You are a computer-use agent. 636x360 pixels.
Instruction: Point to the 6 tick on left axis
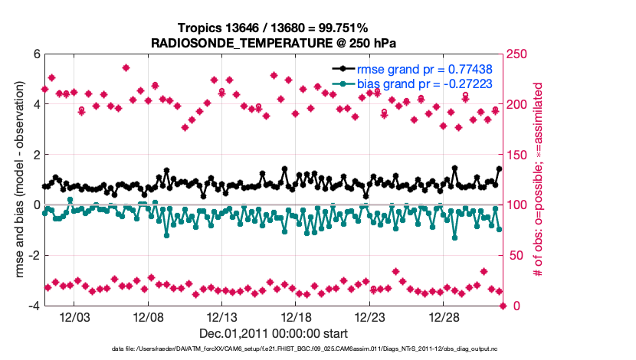coord(35,54)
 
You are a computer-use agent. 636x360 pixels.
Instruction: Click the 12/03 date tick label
coord(74,317)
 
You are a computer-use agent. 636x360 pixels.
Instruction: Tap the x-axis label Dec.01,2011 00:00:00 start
coord(274,333)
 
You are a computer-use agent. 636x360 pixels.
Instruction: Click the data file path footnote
coord(274,349)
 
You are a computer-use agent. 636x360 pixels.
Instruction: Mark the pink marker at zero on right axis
coord(503,306)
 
